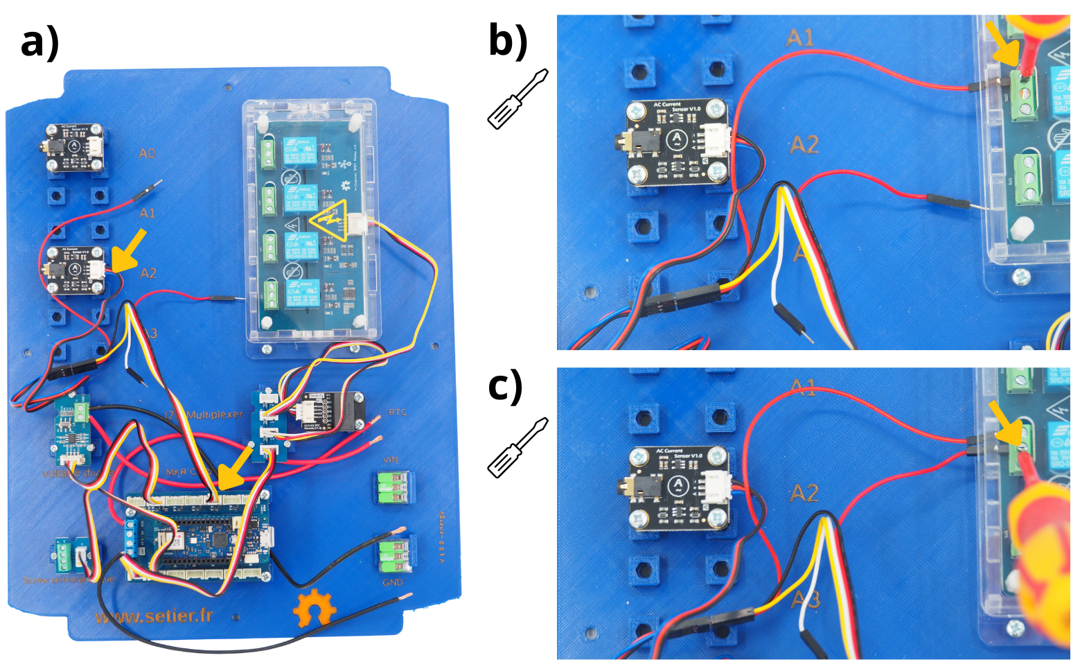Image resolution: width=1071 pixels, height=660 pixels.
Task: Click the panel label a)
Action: pyautogui.click(x=39, y=43)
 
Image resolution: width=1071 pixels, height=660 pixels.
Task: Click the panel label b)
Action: pyautogui.click(x=507, y=40)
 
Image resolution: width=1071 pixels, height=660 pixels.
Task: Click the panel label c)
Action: pyautogui.click(x=506, y=386)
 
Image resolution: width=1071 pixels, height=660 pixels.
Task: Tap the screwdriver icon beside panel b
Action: pyautogui.click(x=518, y=99)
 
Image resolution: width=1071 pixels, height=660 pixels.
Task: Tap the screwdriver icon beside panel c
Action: pyautogui.click(x=518, y=448)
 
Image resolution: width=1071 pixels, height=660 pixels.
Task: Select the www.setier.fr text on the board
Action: pyautogui.click(x=154, y=616)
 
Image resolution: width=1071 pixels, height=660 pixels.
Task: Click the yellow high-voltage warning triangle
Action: pyautogui.click(x=329, y=220)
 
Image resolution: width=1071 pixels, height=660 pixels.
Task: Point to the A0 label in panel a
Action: pyautogui.click(x=147, y=153)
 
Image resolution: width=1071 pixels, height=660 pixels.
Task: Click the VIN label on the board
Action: pyautogui.click(x=391, y=460)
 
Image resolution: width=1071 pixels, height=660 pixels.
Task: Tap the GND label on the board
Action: pyautogui.click(x=393, y=582)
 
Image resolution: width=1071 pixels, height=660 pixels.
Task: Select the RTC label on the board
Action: pyautogui.click(x=397, y=412)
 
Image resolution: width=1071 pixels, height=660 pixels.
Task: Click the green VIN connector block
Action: pyautogui.click(x=393, y=487)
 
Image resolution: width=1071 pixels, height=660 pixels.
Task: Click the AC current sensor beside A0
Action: pyautogui.click(x=74, y=147)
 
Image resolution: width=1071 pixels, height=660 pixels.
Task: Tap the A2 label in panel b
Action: pyautogui.click(x=804, y=145)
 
